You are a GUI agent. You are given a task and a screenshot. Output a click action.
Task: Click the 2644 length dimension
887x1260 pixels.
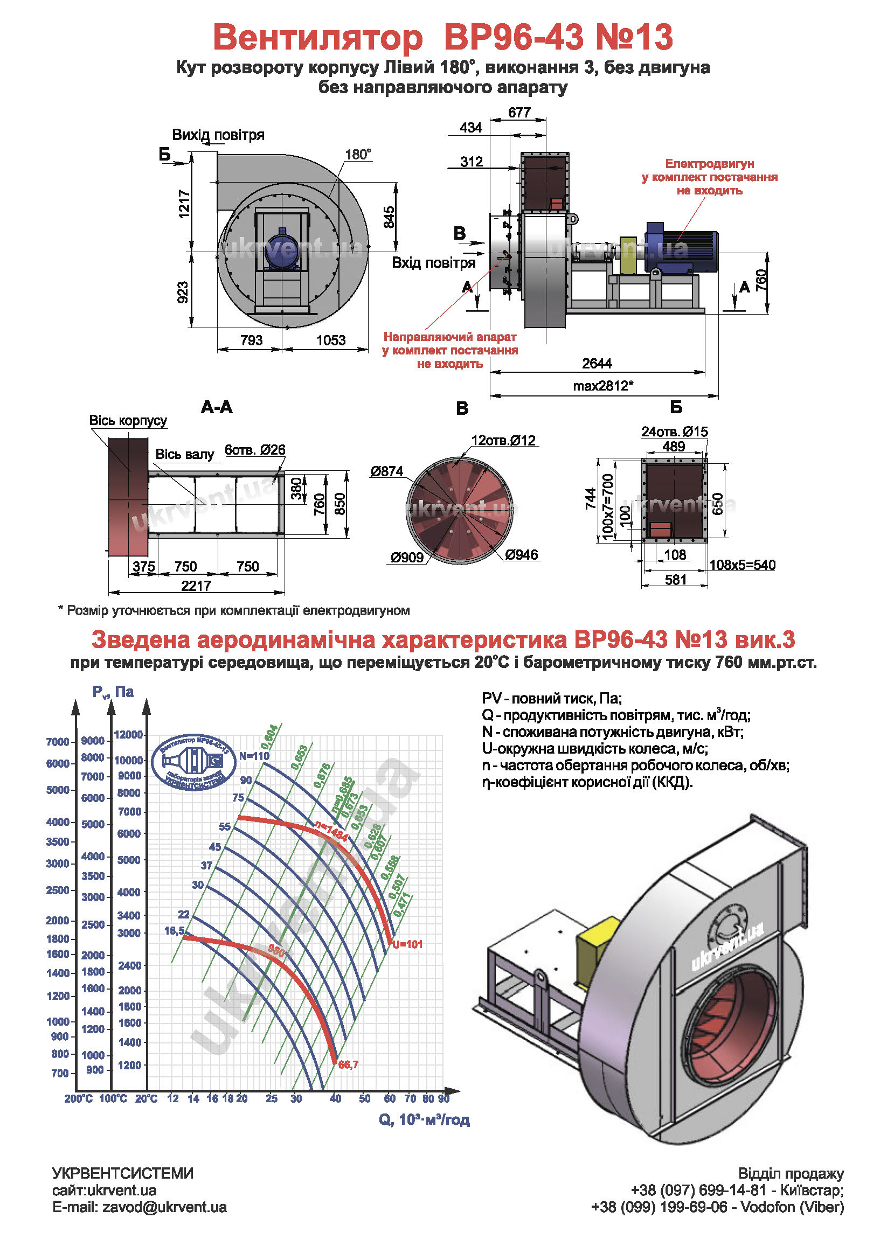click(x=597, y=364)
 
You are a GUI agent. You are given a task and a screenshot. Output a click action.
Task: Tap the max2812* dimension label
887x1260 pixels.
click(x=602, y=386)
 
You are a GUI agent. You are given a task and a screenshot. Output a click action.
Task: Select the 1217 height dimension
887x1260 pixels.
click(x=184, y=204)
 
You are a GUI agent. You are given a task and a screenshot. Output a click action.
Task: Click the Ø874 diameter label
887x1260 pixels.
click(x=386, y=471)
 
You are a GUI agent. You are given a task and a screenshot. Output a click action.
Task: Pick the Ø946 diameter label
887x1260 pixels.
click(x=522, y=555)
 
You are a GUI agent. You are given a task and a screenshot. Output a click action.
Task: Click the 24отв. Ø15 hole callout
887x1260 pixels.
click(x=674, y=432)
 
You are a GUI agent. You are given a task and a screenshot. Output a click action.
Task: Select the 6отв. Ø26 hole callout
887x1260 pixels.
click(x=255, y=450)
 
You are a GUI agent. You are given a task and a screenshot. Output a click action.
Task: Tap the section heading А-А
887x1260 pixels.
click(x=217, y=407)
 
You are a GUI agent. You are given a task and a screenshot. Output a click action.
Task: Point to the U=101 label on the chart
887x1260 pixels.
click(x=407, y=944)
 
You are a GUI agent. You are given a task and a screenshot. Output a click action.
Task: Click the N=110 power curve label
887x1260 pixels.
click(x=254, y=756)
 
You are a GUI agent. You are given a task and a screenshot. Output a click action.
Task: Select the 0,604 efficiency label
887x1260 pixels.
click(x=269, y=737)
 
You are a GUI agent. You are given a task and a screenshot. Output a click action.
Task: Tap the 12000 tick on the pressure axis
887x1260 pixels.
click(x=128, y=735)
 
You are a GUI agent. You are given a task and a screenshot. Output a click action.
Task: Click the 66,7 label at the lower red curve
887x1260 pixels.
click(x=349, y=1064)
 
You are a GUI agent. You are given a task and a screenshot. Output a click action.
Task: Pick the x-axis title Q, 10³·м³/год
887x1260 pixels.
click(x=424, y=1119)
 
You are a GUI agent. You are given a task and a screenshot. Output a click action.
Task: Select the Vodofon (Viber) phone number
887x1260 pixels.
click(x=659, y=1207)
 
